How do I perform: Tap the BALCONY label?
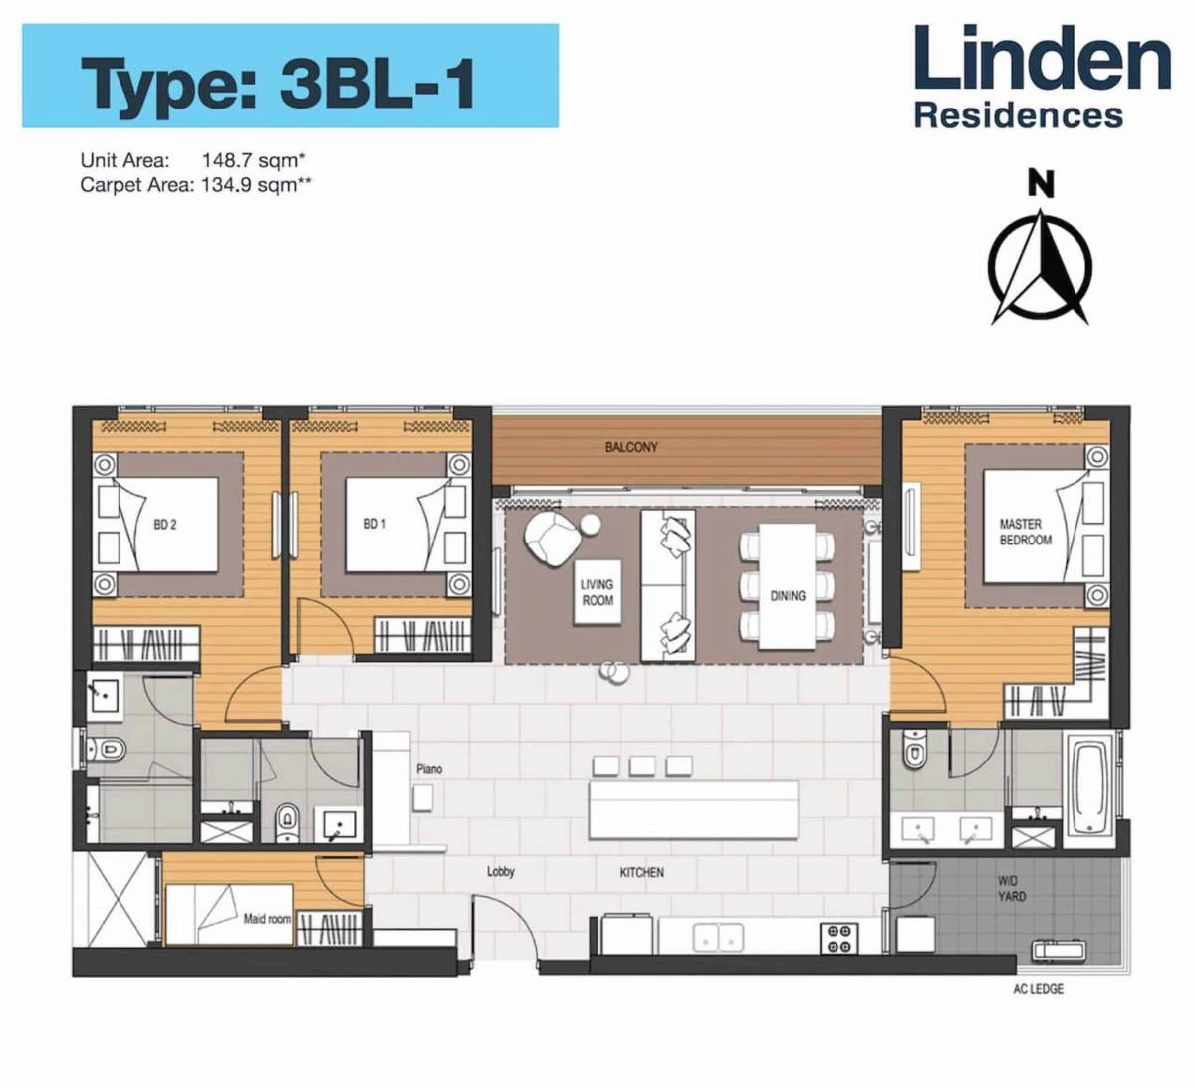(631, 448)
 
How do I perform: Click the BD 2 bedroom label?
(165, 524)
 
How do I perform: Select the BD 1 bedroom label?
(375, 524)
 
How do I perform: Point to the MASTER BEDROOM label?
(1025, 532)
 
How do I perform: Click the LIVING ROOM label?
(597, 592)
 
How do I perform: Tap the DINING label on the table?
(787, 595)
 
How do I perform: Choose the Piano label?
(430, 769)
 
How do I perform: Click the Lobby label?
(500, 872)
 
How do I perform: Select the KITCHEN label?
(641, 872)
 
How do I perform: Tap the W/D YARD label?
(1012, 889)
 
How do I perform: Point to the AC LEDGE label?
(1039, 989)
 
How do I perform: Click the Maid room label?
(267, 919)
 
